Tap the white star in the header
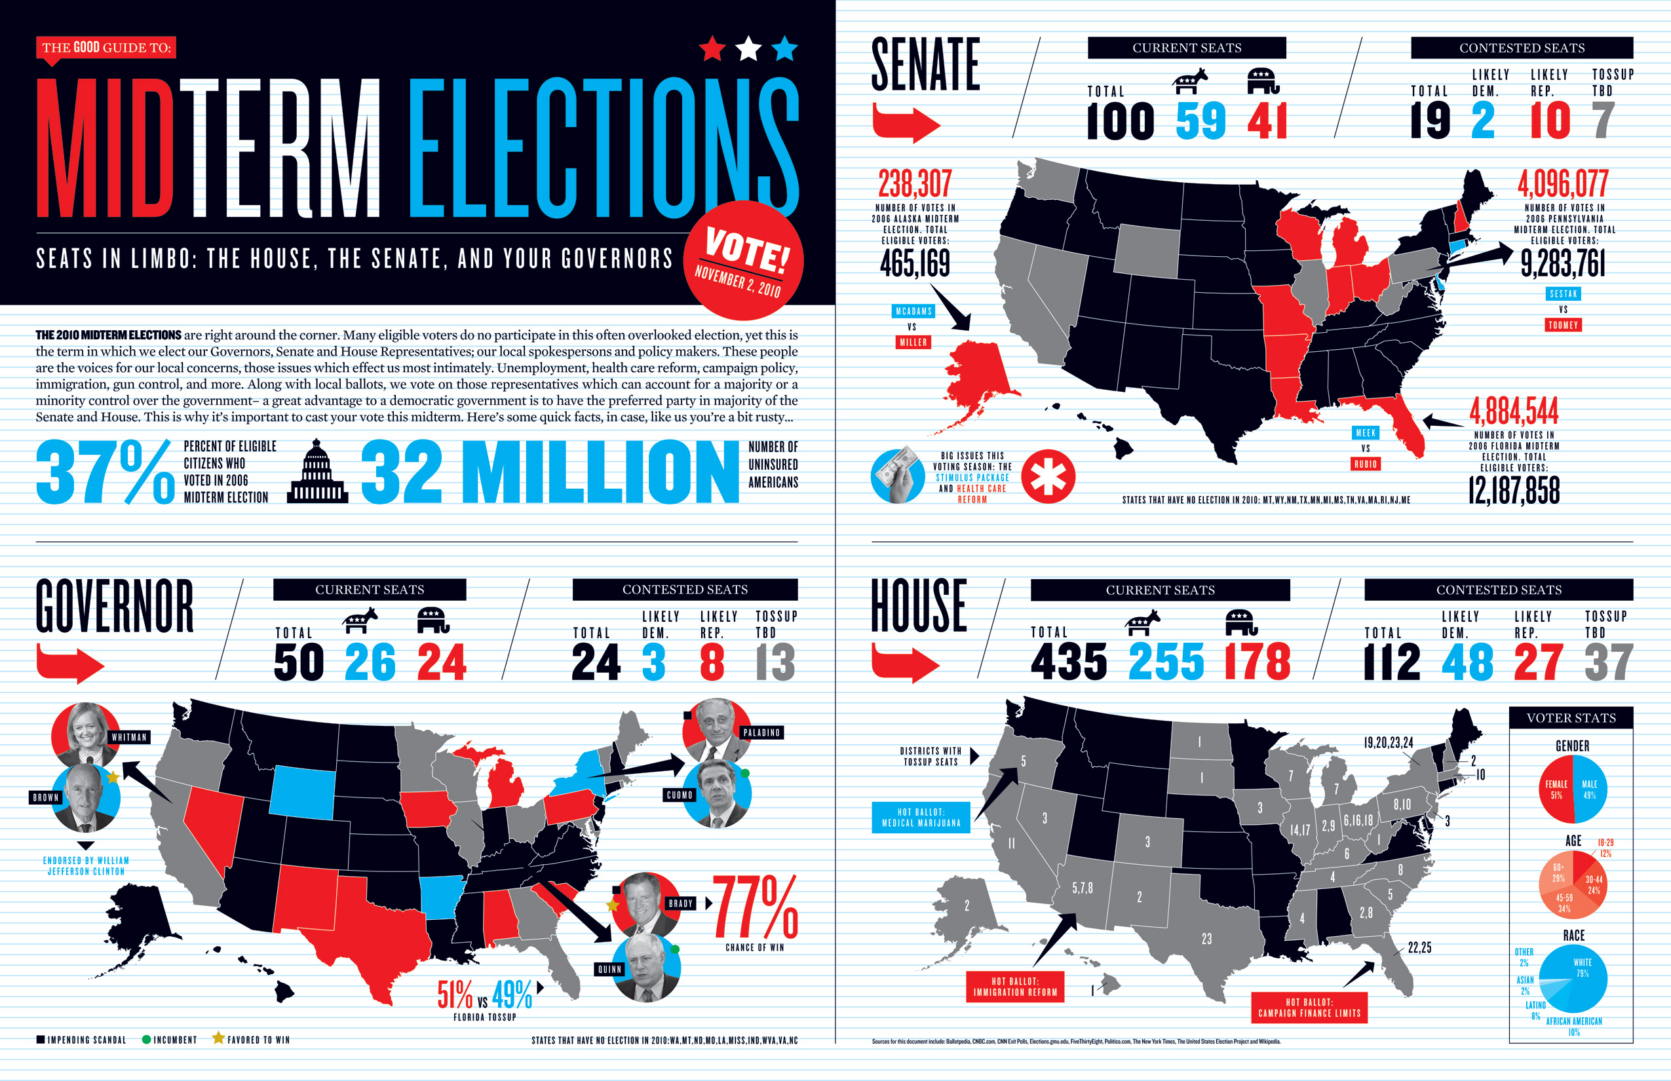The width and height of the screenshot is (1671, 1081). coord(748,48)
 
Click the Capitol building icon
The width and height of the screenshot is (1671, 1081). coord(317,472)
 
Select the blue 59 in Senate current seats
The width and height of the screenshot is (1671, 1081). coord(1200,121)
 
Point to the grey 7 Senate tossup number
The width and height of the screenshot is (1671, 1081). coord(1603,121)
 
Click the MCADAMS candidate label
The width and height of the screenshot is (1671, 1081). coord(913,311)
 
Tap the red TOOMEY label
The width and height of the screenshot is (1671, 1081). coord(1563,325)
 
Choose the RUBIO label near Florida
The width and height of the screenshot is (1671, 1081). coord(1366,464)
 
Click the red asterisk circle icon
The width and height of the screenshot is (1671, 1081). coord(1048,477)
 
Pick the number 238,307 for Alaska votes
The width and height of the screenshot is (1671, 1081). coord(915,184)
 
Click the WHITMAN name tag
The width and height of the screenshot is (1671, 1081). coord(129,737)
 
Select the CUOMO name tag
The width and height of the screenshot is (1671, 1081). coord(679,795)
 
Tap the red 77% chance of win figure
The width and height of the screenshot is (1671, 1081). coord(756,907)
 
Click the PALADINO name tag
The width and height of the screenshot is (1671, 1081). coord(761,732)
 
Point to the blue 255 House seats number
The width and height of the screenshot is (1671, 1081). coord(1166,662)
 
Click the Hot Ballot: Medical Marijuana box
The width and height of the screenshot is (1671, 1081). coord(921,817)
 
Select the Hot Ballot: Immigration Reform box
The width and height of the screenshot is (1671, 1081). coord(1014,986)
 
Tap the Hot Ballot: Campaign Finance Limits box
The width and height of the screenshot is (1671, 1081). coord(1309,1008)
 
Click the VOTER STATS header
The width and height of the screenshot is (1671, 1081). coord(1571,717)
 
